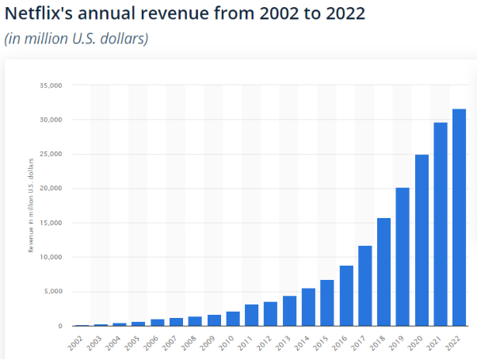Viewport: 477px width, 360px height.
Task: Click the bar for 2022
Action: pos(460,218)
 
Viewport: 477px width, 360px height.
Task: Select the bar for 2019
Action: pos(403,257)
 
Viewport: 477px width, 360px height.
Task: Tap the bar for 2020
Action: pos(422,240)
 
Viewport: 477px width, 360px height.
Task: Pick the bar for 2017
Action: pos(364,286)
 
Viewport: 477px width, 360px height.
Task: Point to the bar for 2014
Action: pos(308,308)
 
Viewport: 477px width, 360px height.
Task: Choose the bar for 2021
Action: pos(441,224)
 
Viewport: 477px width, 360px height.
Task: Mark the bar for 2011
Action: pos(251,316)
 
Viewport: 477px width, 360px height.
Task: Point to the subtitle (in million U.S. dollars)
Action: pos(77,38)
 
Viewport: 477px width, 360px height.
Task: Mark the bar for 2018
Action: pos(384,272)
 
